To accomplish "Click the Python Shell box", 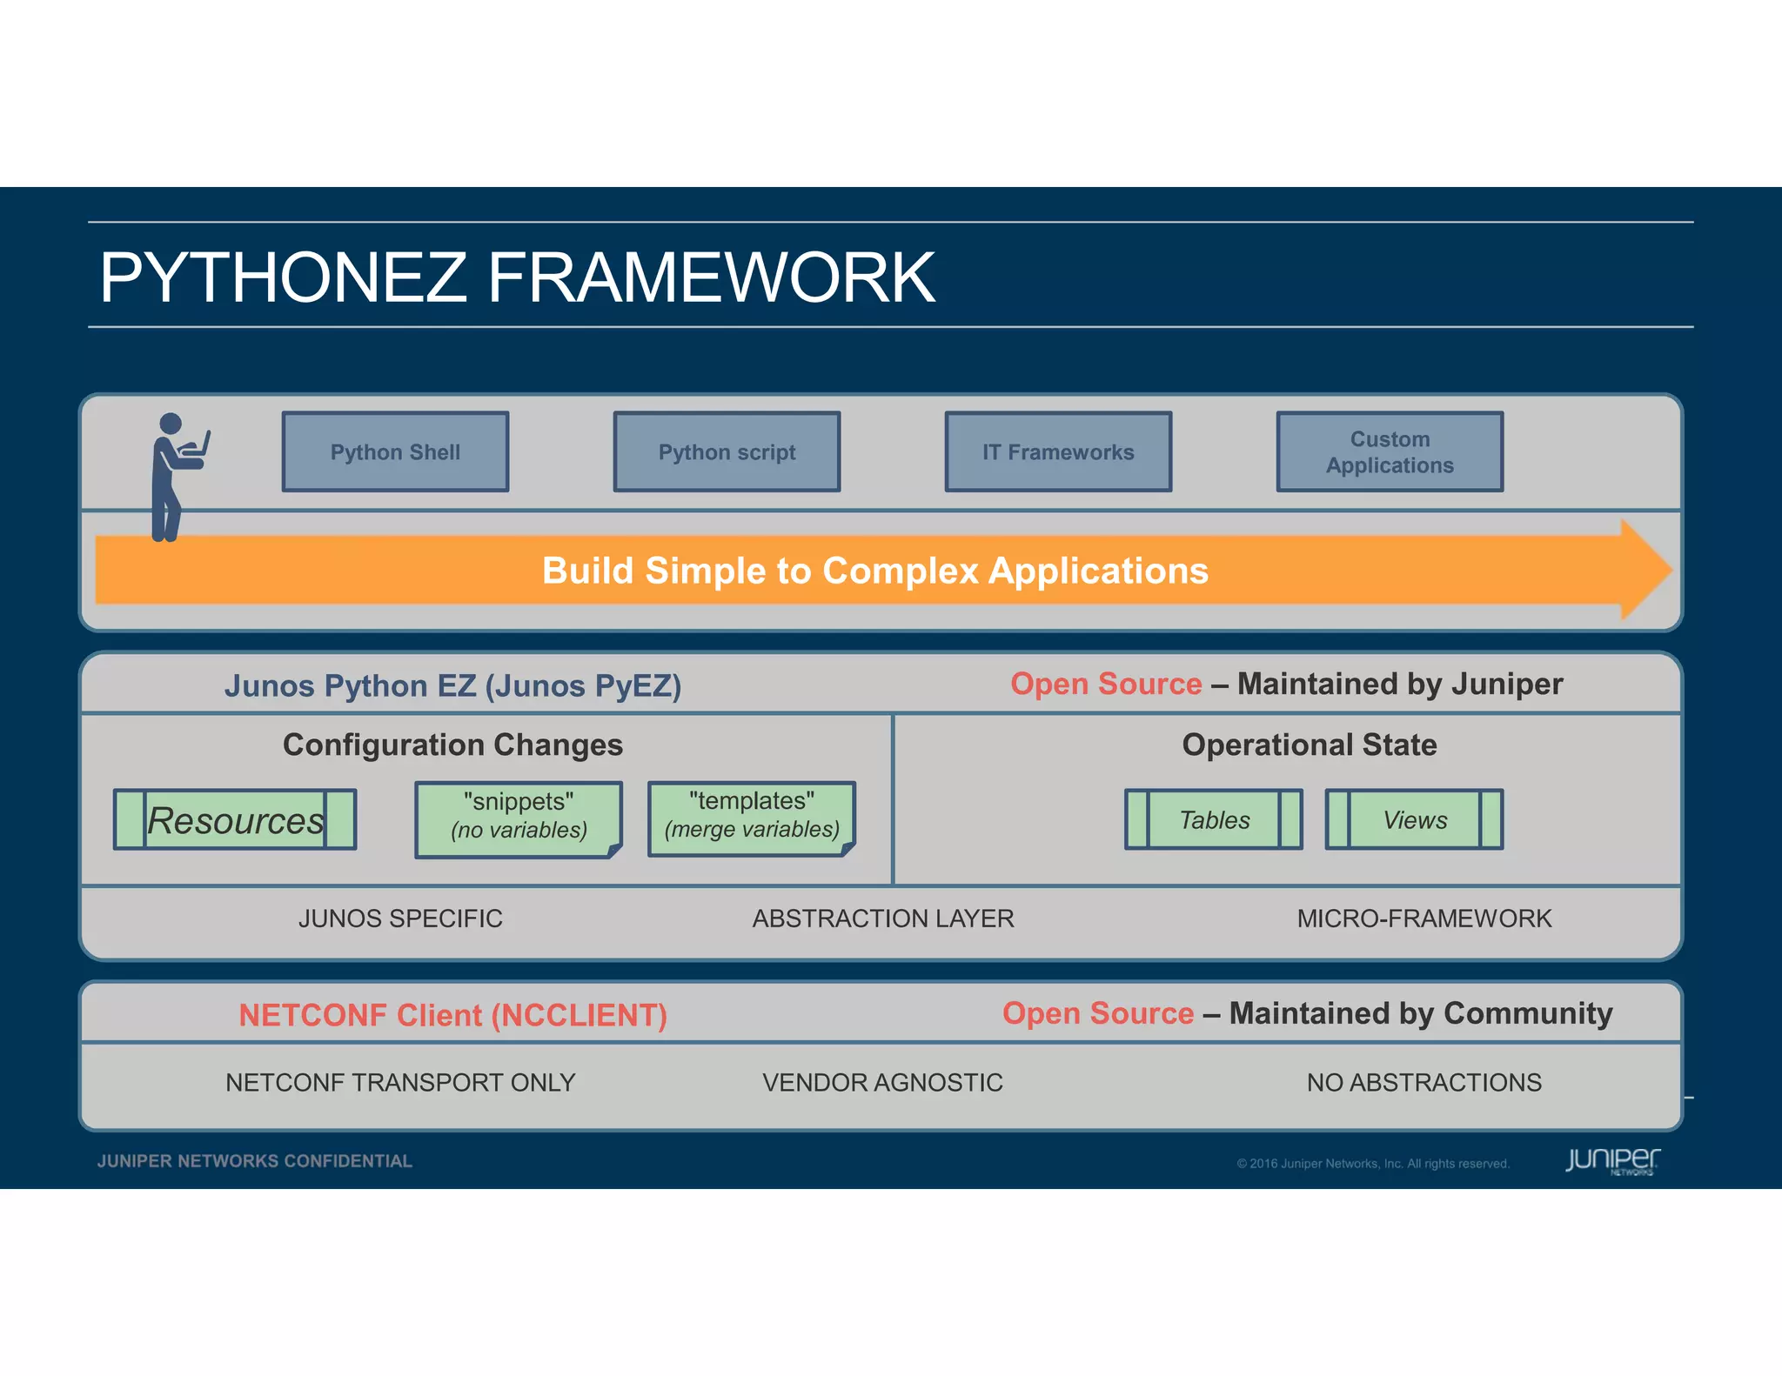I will point(395,452).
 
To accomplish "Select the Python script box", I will point(727,452).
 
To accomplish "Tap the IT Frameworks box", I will point(1058,452).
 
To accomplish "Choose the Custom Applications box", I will point(1390,452).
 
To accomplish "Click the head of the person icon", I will point(171,424).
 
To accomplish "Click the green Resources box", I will point(235,820).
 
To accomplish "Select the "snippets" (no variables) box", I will point(519,818).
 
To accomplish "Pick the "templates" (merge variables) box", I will point(752,817).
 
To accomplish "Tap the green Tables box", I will point(1214,819).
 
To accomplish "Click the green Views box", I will point(1414,819).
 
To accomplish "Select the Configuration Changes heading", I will point(452,745).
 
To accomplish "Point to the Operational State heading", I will point(1309,745).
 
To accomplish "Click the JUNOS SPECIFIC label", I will point(400,918).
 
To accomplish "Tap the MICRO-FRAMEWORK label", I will point(1424,918).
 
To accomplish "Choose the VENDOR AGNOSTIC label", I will point(882,1083).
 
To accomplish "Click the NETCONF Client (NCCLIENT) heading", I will point(452,1016).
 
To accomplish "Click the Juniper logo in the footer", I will point(1611,1161).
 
